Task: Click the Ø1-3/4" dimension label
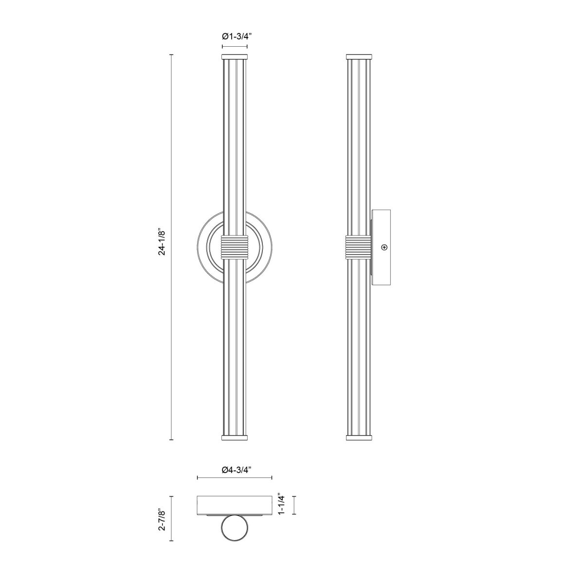[x=235, y=36]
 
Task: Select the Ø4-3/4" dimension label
[x=234, y=470]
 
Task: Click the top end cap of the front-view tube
[x=235, y=57]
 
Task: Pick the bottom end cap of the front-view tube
[x=235, y=437]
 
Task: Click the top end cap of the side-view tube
[x=359, y=57]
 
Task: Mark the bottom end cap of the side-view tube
[x=359, y=437]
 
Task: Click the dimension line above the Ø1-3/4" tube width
[x=235, y=46]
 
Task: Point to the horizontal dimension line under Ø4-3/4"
[x=234, y=478]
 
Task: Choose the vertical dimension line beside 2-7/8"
[x=171, y=518]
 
